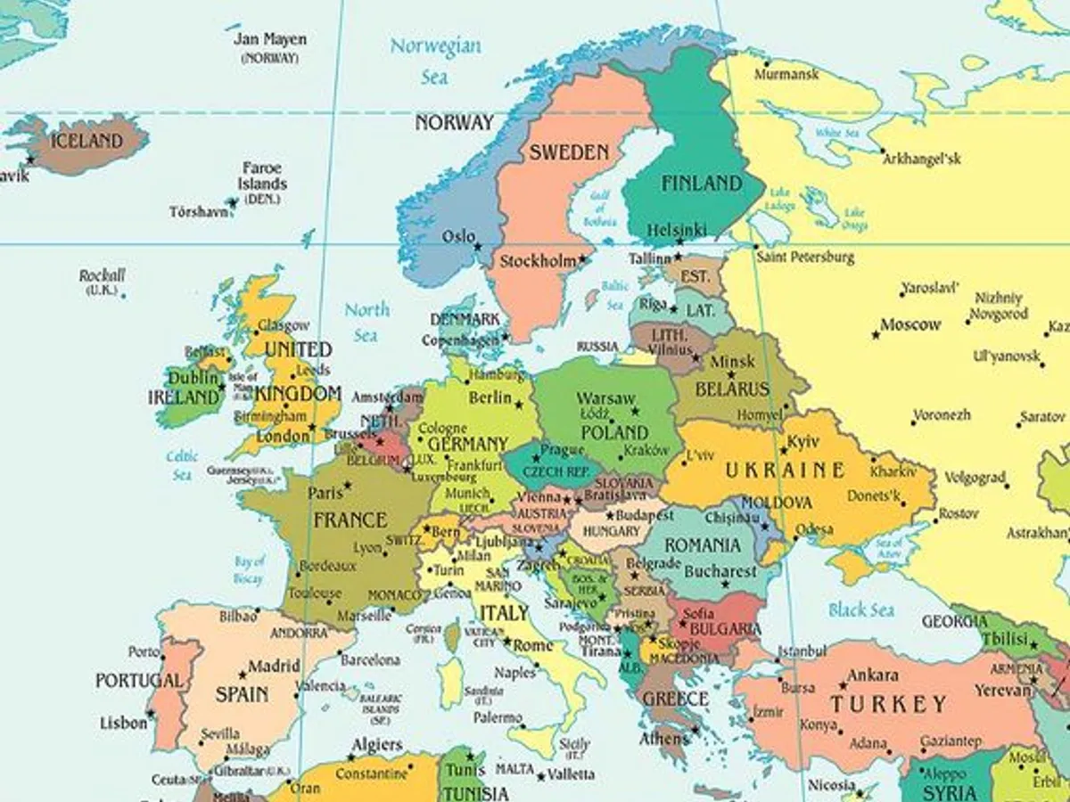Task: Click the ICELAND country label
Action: (86, 141)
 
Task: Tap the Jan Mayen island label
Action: (269, 40)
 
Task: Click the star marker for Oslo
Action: (478, 247)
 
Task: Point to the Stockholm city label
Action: (538, 262)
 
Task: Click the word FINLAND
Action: (701, 184)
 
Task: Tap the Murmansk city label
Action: (786, 74)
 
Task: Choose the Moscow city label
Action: (910, 325)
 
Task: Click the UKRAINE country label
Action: (785, 471)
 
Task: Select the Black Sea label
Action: (860, 610)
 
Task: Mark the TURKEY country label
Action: (888, 705)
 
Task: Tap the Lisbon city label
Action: (123, 723)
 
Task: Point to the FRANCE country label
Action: (350, 520)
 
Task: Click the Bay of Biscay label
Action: (250, 570)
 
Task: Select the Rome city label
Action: (534, 645)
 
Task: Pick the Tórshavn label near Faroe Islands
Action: (199, 212)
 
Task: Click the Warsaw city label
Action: (605, 398)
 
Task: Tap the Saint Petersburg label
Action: (805, 258)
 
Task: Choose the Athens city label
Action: (663, 739)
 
